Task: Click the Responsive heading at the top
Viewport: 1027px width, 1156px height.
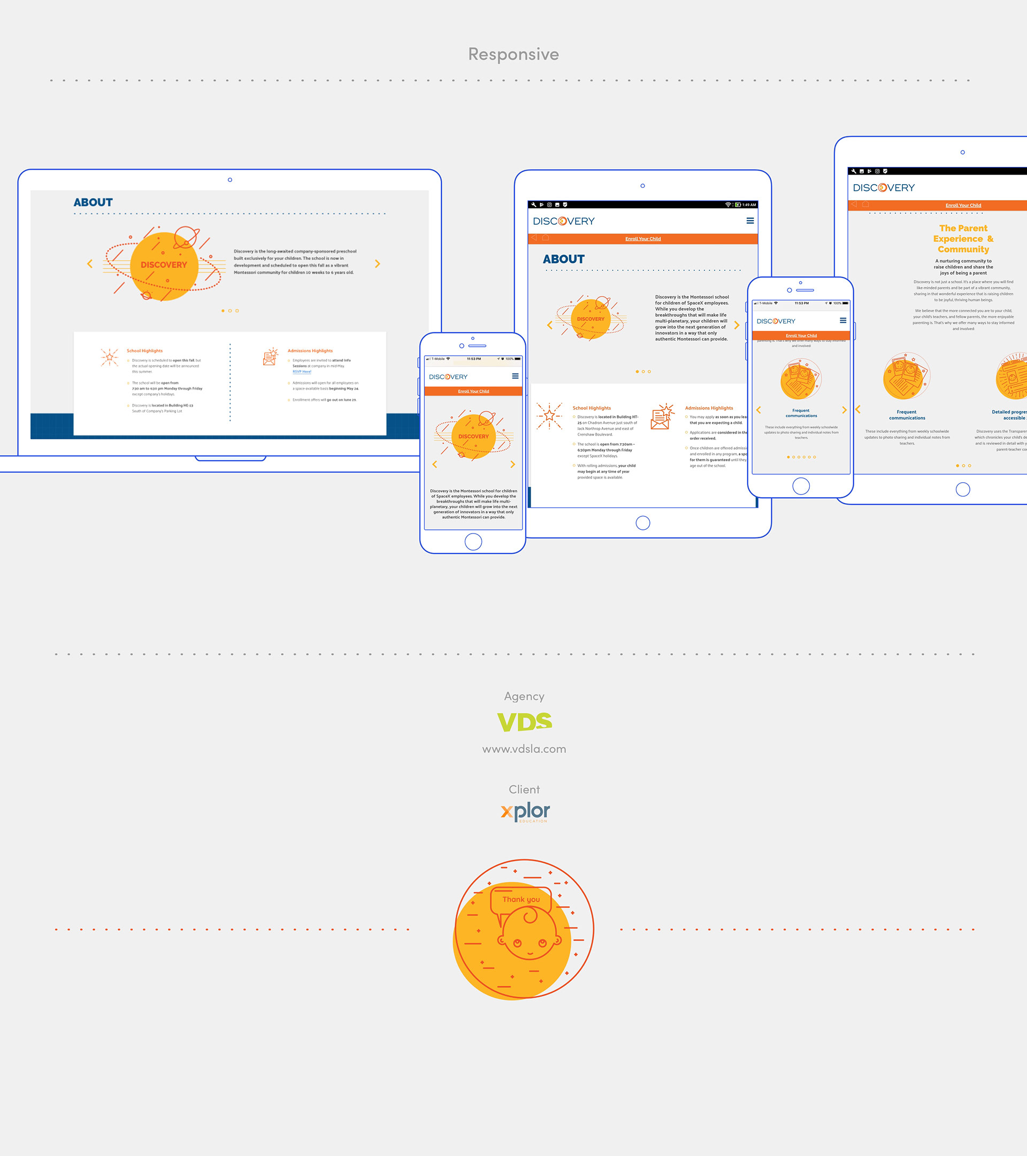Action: tap(513, 54)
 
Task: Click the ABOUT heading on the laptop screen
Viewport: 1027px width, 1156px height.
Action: tap(93, 202)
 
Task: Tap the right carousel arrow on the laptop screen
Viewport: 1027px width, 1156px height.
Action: tap(378, 263)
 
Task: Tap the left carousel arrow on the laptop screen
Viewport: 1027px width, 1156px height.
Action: tap(90, 263)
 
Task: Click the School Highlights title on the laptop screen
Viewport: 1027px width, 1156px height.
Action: tap(145, 351)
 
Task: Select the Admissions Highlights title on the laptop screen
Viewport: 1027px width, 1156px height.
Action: tap(310, 351)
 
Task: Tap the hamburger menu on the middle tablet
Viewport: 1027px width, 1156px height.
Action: tap(750, 221)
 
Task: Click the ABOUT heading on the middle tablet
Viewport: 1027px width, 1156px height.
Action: tap(564, 259)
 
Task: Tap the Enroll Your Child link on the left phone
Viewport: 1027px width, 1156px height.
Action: tap(474, 391)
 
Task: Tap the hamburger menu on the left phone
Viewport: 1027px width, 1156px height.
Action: tap(515, 376)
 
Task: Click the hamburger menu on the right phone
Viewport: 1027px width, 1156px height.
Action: tap(843, 321)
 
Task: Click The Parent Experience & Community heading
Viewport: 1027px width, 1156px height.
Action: tap(963, 239)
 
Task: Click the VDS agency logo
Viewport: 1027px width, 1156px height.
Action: tap(524, 721)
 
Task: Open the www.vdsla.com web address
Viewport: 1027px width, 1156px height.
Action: tap(524, 749)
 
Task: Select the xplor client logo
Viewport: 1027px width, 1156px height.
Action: tap(525, 811)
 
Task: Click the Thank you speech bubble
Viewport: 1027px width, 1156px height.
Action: tap(521, 899)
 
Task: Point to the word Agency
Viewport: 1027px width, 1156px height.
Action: tap(524, 696)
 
